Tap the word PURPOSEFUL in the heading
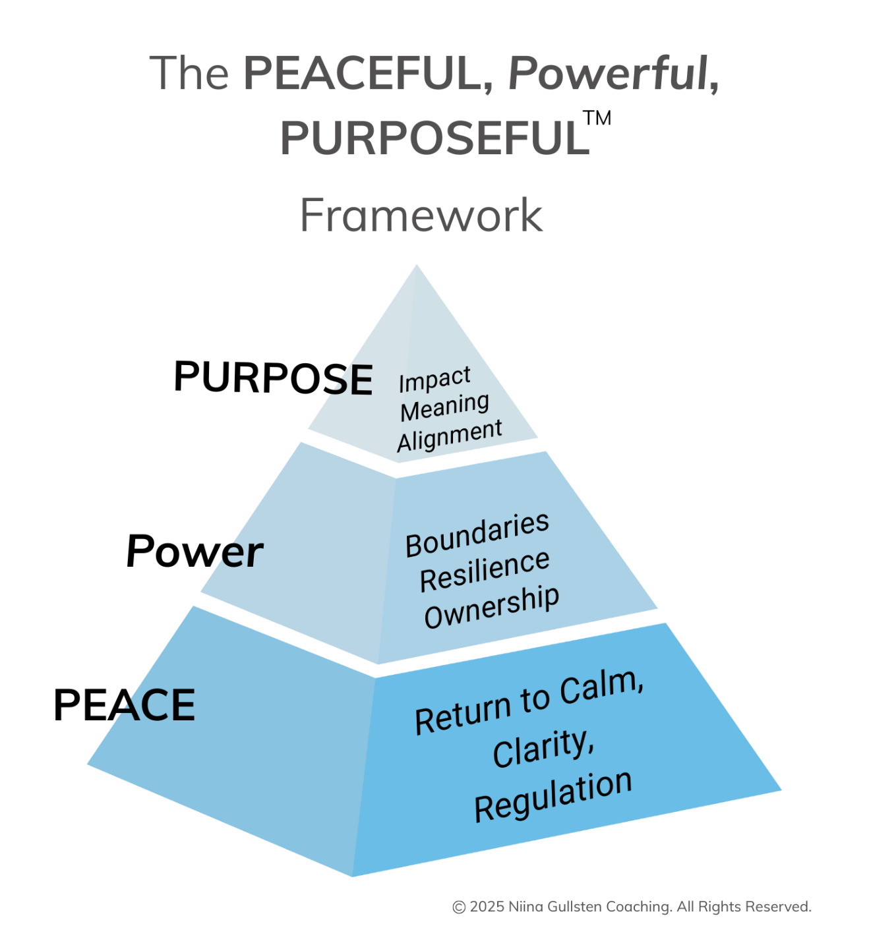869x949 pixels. (434, 138)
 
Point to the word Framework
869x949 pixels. (421, 215)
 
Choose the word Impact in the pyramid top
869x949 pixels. (435, 380)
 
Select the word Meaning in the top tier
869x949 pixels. (444, 407)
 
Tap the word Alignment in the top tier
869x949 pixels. (450, 435)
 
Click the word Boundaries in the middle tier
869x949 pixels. (477, 534)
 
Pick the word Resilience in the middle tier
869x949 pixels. (485, 571)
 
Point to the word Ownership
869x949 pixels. (491, 607)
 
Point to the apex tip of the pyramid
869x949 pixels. (416, 266)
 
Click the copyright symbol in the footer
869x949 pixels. (459, 907)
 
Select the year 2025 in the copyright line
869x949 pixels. (488, 907)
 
